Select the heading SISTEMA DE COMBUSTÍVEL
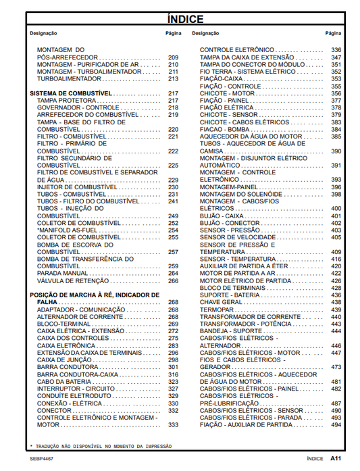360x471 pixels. pos(71,93)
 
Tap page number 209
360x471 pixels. pos(173,57)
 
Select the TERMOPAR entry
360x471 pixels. pos(215,309)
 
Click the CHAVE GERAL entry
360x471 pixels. pos(220,302)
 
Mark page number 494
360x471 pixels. pos(336,425)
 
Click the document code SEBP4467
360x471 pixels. pos(41,458)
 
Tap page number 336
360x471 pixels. pos(336,50)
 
